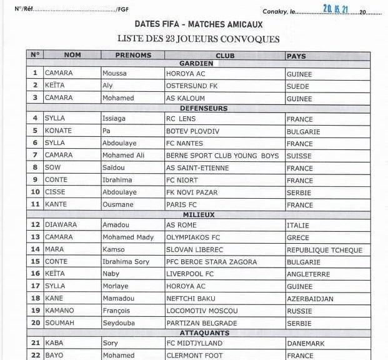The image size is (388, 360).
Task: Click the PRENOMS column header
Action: [x=132, y=55]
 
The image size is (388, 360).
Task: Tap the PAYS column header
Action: [x=296, y=56]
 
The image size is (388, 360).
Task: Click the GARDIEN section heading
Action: [x=196, y=64]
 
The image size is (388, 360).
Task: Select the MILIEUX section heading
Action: [x=199, y=215]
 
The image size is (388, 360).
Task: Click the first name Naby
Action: [x=111, y=274]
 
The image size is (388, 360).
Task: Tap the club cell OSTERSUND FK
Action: [x=191, y=85]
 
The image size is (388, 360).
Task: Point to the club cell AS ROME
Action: [x=181, y=225]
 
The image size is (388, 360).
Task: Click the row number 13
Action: [x=35, y=237]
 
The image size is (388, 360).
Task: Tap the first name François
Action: [x=116, y=311]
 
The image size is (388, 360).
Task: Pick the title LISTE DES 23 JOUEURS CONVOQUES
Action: [x=198, y=39]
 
